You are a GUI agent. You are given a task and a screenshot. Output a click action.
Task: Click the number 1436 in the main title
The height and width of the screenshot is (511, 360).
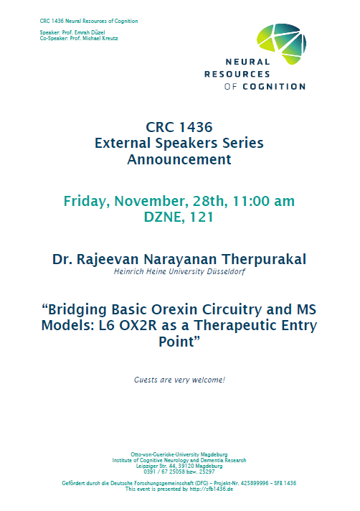click(x=194, y=127)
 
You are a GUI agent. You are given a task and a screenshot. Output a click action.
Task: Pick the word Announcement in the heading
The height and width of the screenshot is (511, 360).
click(x=179, y=159)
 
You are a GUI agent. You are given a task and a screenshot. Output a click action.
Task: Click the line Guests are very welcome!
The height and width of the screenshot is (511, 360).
click(x=179, y=379)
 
